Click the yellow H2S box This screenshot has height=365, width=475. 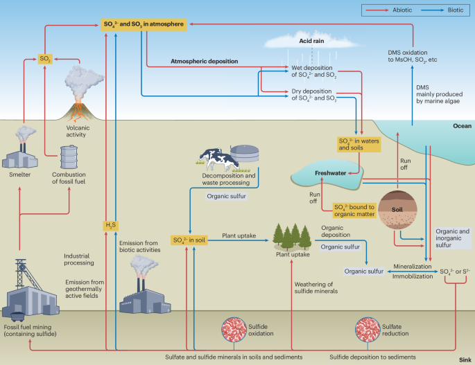[x=110, y=226]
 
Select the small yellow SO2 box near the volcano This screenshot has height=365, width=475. [x=45, y=59]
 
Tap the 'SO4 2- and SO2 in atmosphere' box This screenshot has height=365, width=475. [x=144, y=24]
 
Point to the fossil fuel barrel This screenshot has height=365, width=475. [x=69, y=157]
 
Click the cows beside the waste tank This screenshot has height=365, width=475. [x=218, y=159]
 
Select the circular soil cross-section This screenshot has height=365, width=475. [x=397, y=209]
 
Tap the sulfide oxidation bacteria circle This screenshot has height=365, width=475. [x=234, y=330]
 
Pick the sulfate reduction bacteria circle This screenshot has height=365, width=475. [x=368, y=330]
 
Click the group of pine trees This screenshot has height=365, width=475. [x=292, y=236]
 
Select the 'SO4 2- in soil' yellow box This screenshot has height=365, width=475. [x=189, y=240]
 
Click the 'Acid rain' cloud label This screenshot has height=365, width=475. [x=311, y=41]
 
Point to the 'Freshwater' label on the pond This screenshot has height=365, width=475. [x=330, y=173]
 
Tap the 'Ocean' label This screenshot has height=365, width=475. [x=462, y=126]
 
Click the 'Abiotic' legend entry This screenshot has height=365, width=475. [x=402, y=10]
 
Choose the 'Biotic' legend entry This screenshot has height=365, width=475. [x=456, y=10]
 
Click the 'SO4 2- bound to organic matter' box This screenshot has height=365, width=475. [x=354, y=211]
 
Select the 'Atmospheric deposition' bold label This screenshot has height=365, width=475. [x=204, y=61]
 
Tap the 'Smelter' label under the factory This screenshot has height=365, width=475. [x=19, y=175]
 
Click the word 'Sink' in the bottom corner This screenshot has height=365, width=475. [x=465, y=359]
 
